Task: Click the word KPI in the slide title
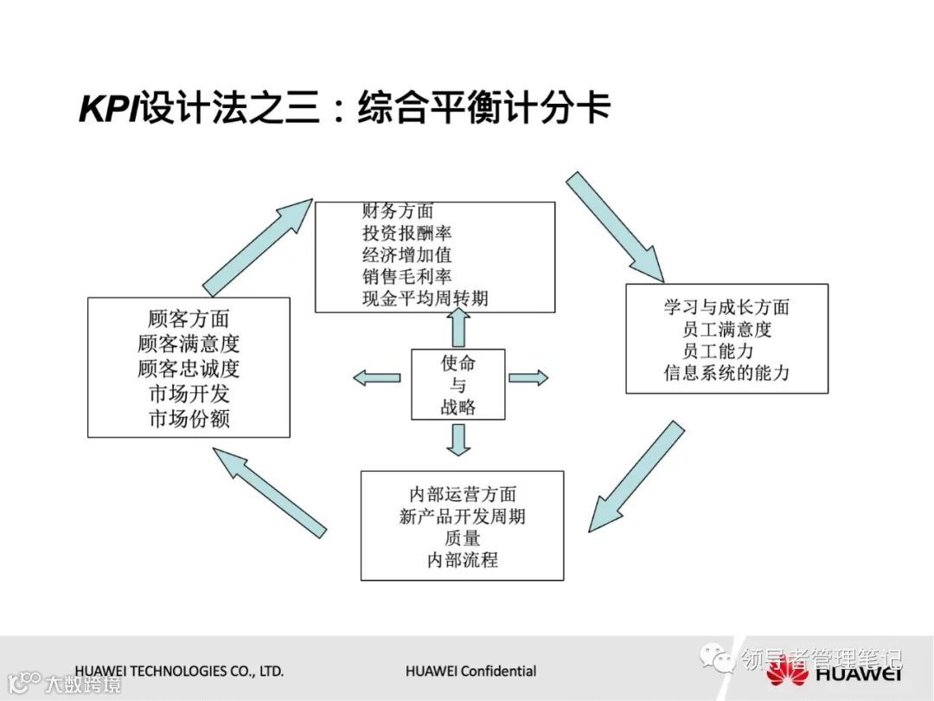[x=110, y=110]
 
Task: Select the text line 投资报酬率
[x=407, y=233]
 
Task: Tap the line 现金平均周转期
[x=425, y=299]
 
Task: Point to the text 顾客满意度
[x=189, y=344]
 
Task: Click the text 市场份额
[x=189, y=419]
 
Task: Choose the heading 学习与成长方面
[x=726, y=307]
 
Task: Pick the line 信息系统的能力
[x=726, y=373]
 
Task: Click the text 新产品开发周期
[x=463, y=517]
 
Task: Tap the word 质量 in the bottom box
[x=463, y=538]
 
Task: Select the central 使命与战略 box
[x=457, y=384]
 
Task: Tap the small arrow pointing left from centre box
[x=377, y=377]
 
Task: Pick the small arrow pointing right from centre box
[x=528, y=377]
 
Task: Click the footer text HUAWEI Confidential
[x=470, y=671]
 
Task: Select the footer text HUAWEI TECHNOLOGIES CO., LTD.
[x=179, y=671]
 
